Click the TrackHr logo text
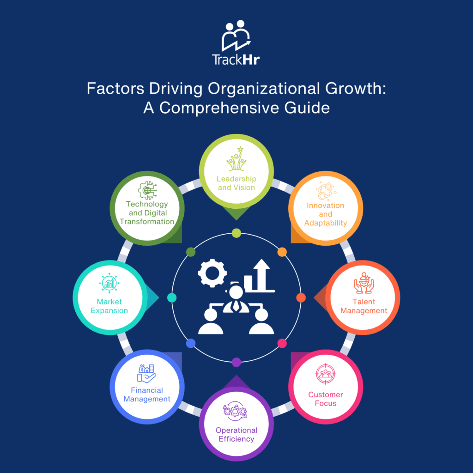(x=236, y=60)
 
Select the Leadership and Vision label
(x=236, y=183)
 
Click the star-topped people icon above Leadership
(x=236, y=159)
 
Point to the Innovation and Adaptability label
(x=326, y=214)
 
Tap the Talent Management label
(x=364, y=306)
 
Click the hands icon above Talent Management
(x=364, y=283)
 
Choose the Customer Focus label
(x=326, y=399)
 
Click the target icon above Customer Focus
(x=326, y=374)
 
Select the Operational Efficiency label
(x=236, y=434)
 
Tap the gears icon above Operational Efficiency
(x=235, y=411)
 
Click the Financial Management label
(x=147, y=394)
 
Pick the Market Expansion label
(x=109, y=306)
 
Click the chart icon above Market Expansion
(x=109, y=283)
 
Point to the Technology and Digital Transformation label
(x=147, y=212)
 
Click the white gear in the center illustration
(x=212, y=273)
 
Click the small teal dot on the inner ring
(x=172, y=298)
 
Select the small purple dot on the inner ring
(x=236, y=362)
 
